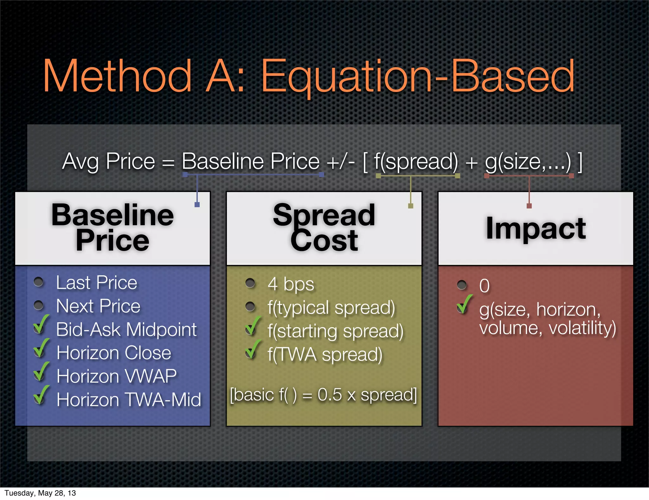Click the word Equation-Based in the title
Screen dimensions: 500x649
click(x=417, y=77)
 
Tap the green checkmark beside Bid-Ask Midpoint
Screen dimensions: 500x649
click(x=41, y=325)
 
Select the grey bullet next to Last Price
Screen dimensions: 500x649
click(x=39, y=282)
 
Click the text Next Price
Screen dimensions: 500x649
click(x=98, y=306)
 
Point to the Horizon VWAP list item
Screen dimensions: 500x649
click(x=117, y=376)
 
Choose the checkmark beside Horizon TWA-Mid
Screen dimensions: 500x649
click(x=41, y=395)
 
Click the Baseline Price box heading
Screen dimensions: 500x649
click(x=112, y=228)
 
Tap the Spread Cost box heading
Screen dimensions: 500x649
click(x=324, y=228)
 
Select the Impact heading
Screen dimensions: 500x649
click(x=536, y=228)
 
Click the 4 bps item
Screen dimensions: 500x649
click(x=291, y=284)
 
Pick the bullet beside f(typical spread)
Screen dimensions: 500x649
click(x=250, y=306)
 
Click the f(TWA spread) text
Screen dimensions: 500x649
click(x=325, y=354)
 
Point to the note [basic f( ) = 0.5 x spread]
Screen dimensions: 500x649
click(x=323, y=395)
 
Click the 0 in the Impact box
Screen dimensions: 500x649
click(x=484, y=286)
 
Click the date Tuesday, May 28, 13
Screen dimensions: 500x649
click(x=40, y=493)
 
